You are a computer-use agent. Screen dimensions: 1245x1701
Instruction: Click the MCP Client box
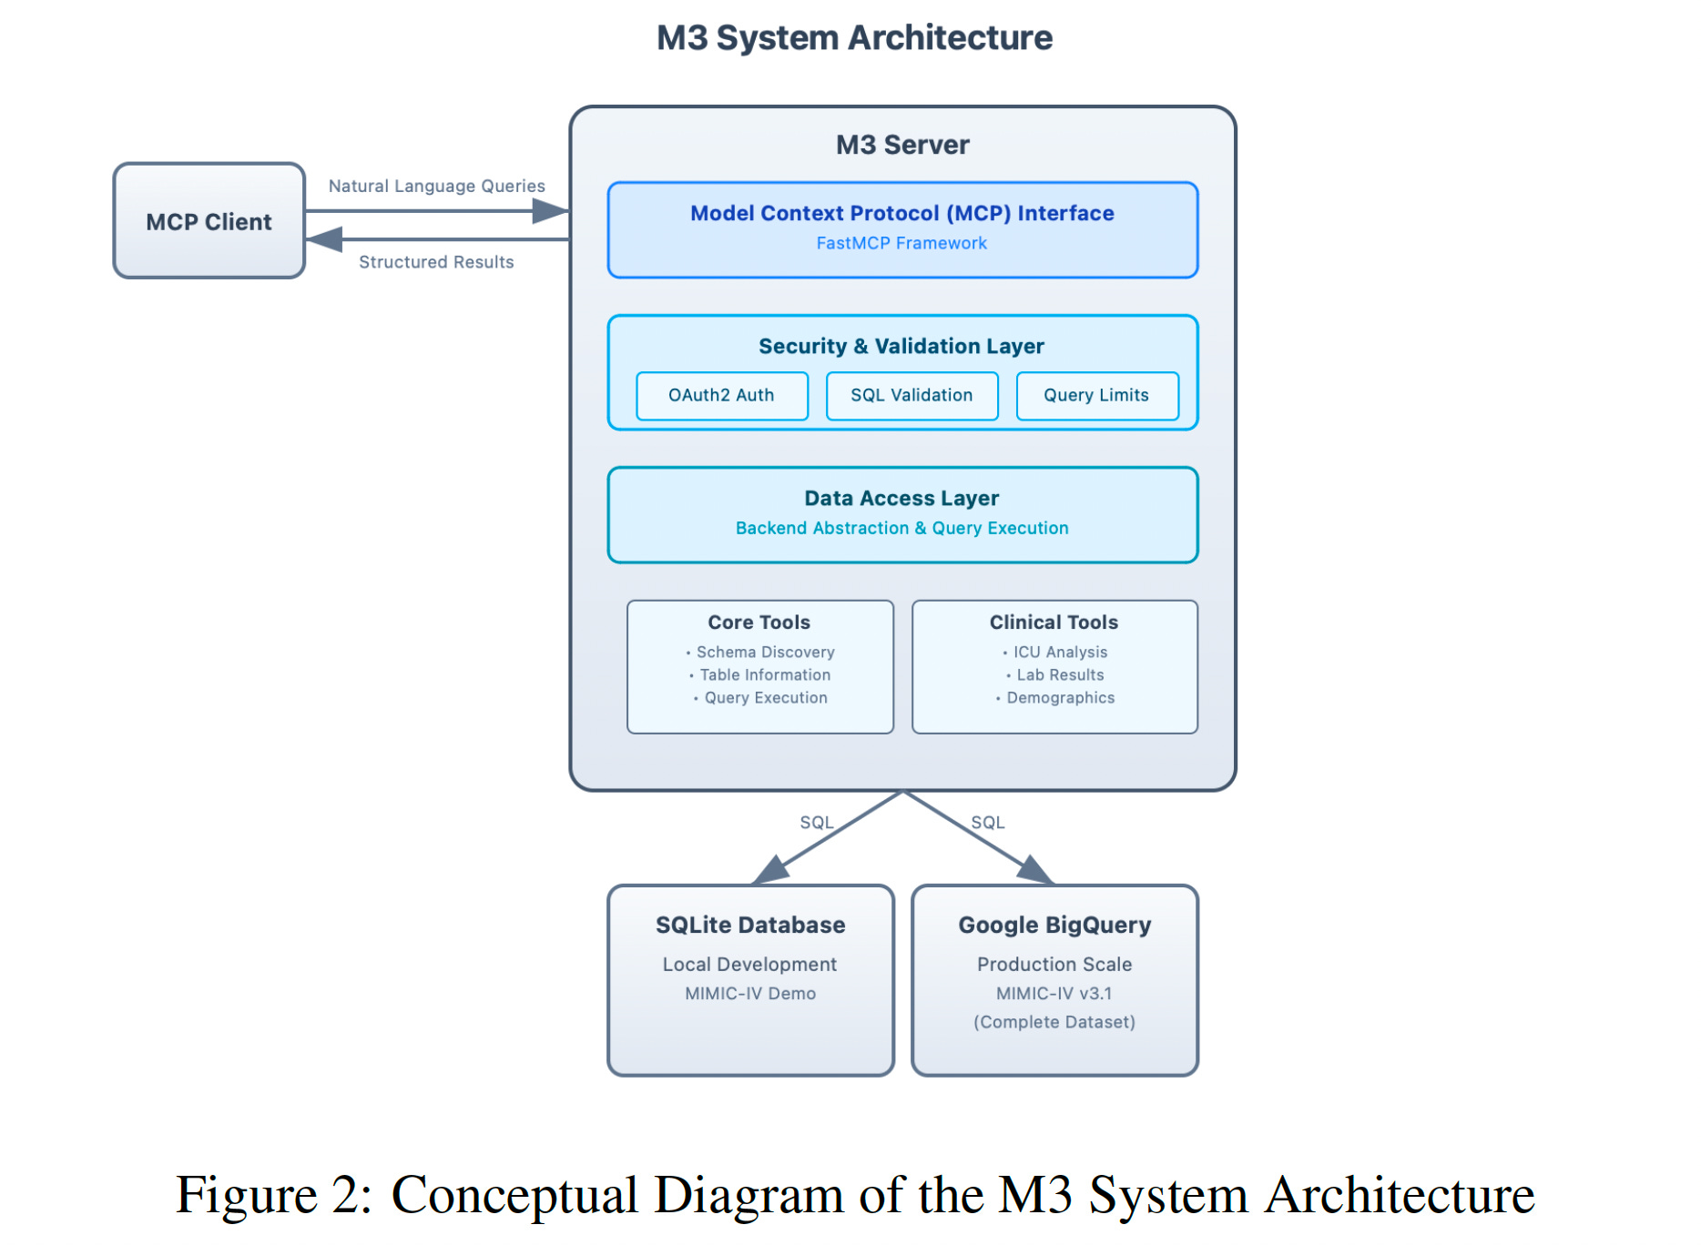pos(209,221)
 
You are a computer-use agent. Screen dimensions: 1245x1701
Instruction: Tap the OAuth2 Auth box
pos(721,396)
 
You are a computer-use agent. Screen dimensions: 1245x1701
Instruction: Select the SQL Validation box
pos(912,396)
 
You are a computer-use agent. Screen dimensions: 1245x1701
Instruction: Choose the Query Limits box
pos(1096,396)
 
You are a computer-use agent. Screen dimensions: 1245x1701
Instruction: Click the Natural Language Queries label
pos(436,187)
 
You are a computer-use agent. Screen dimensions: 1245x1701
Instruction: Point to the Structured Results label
pos(436,262)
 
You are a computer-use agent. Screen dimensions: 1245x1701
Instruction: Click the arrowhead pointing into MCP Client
pos(323,239)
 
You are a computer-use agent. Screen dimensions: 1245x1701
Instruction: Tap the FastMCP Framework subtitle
pos(901,243)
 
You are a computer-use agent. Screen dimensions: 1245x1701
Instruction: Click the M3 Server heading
pos(902,145)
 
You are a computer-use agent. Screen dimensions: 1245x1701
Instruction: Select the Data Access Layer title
pos(901,498)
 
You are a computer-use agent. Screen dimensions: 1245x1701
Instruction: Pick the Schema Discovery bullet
pos(765,653)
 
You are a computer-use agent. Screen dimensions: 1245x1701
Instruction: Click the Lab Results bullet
pos(1060,675)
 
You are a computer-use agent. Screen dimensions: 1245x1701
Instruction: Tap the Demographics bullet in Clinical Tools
pos(1060,698)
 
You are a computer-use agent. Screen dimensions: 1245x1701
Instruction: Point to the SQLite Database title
pos(750,925)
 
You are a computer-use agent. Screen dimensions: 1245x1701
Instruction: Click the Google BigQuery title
pos(1054,925)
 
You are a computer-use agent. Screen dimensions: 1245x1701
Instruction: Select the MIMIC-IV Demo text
pos(750,994)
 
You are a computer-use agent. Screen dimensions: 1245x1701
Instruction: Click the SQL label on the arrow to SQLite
pos(816,823)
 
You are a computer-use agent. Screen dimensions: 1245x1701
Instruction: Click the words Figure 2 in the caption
pos(272,1195)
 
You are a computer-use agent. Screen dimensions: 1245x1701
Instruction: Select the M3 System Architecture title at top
pos(854,38)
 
